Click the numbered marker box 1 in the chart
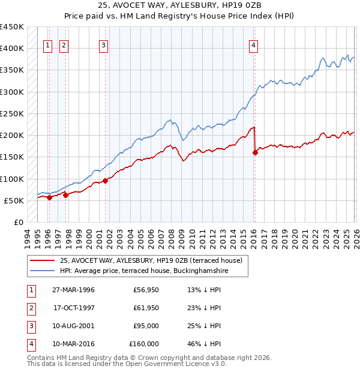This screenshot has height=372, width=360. tap(47, 44)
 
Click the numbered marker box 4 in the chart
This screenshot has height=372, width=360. tap(254, 44)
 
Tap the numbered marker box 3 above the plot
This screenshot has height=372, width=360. tap(104, 44)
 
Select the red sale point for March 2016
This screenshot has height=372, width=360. tap(255, 152)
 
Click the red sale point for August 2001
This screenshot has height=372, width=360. tap(105, 181)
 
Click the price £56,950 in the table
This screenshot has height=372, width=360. tap(144, 290)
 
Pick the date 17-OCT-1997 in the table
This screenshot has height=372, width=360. tap(74, 308)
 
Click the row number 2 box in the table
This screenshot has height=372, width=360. tap(30, 308)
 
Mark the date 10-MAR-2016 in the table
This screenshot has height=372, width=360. tap(74, 344)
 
